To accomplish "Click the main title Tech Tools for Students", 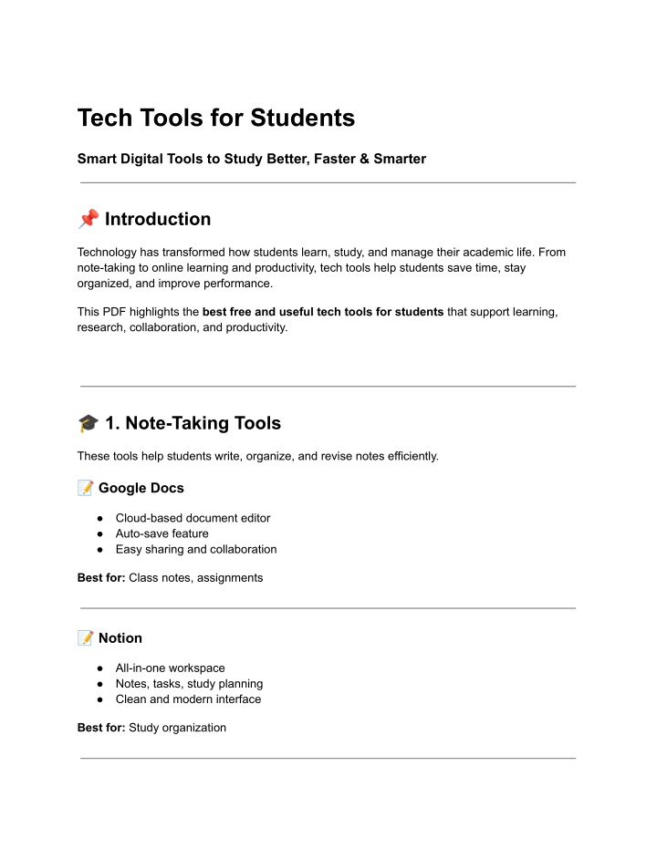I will pos(215,119).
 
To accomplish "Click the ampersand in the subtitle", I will pos(353,159).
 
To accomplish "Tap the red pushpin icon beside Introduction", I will pos(88,220).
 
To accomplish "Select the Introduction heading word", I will pos(158,220).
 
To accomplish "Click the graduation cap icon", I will pos(88,423).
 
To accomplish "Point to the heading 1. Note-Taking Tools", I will pos(193,423).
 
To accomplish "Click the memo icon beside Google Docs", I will pos(86,488).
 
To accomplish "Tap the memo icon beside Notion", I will pos(86,637).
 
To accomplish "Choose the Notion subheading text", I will pos(120,637).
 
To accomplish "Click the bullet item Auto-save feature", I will pos(162,533).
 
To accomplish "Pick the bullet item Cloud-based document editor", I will pos(193,518).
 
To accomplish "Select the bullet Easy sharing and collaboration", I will pos(195,549).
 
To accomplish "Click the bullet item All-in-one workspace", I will pos(170,668).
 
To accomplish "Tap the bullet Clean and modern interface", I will pos(188,699).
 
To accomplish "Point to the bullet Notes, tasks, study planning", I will pos(189,683).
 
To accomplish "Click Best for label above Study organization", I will pos(100,728).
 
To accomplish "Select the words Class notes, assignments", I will pos(195,577).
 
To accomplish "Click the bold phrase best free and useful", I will pos(274,312).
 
